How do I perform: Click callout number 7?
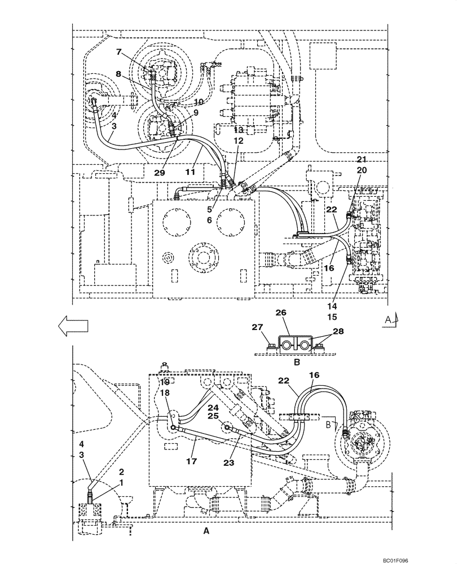pos(119,52)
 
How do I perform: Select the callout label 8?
pos(119,73)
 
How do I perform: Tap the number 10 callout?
pos(199,102)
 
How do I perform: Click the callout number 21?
pos(362,160)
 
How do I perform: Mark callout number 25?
pos(212,416)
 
